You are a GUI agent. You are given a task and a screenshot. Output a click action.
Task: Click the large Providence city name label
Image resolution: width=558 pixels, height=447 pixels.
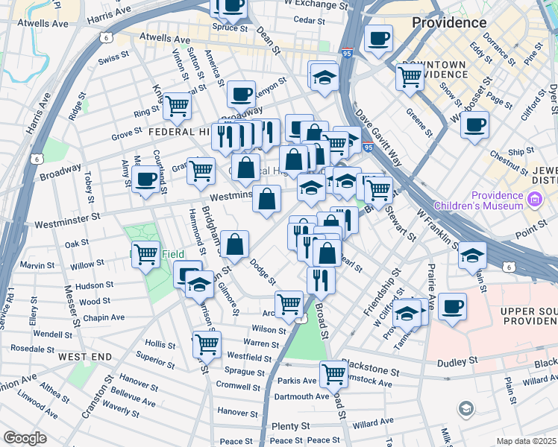click(450, 22)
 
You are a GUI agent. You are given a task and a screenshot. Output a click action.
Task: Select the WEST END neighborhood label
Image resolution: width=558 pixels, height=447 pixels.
click(85, 357)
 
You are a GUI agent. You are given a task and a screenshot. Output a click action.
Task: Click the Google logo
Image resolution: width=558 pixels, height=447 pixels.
click(24, 438)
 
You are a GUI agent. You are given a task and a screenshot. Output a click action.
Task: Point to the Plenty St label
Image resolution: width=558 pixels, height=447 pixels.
click(290, 426)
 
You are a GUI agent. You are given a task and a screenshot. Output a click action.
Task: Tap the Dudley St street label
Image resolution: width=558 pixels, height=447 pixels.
click(457, 361)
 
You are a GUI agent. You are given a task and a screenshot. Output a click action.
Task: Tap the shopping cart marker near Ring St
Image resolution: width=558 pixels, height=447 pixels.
click(177, 106)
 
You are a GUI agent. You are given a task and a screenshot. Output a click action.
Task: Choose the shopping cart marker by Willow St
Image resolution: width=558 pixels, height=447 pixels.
click(145, 255)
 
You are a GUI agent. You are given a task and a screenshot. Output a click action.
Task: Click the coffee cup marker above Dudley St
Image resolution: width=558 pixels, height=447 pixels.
click(452, 306)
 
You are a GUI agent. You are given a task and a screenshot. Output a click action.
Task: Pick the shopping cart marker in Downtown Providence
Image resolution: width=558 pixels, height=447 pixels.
click(410, 75)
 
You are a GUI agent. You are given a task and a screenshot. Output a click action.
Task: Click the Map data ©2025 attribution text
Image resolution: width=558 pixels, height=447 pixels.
click(527, 441)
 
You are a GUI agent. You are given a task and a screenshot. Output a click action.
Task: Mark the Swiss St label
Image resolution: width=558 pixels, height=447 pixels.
click(114, 56)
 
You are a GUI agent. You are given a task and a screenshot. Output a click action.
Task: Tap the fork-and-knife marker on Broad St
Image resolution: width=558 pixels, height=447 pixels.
click(321, 280)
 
